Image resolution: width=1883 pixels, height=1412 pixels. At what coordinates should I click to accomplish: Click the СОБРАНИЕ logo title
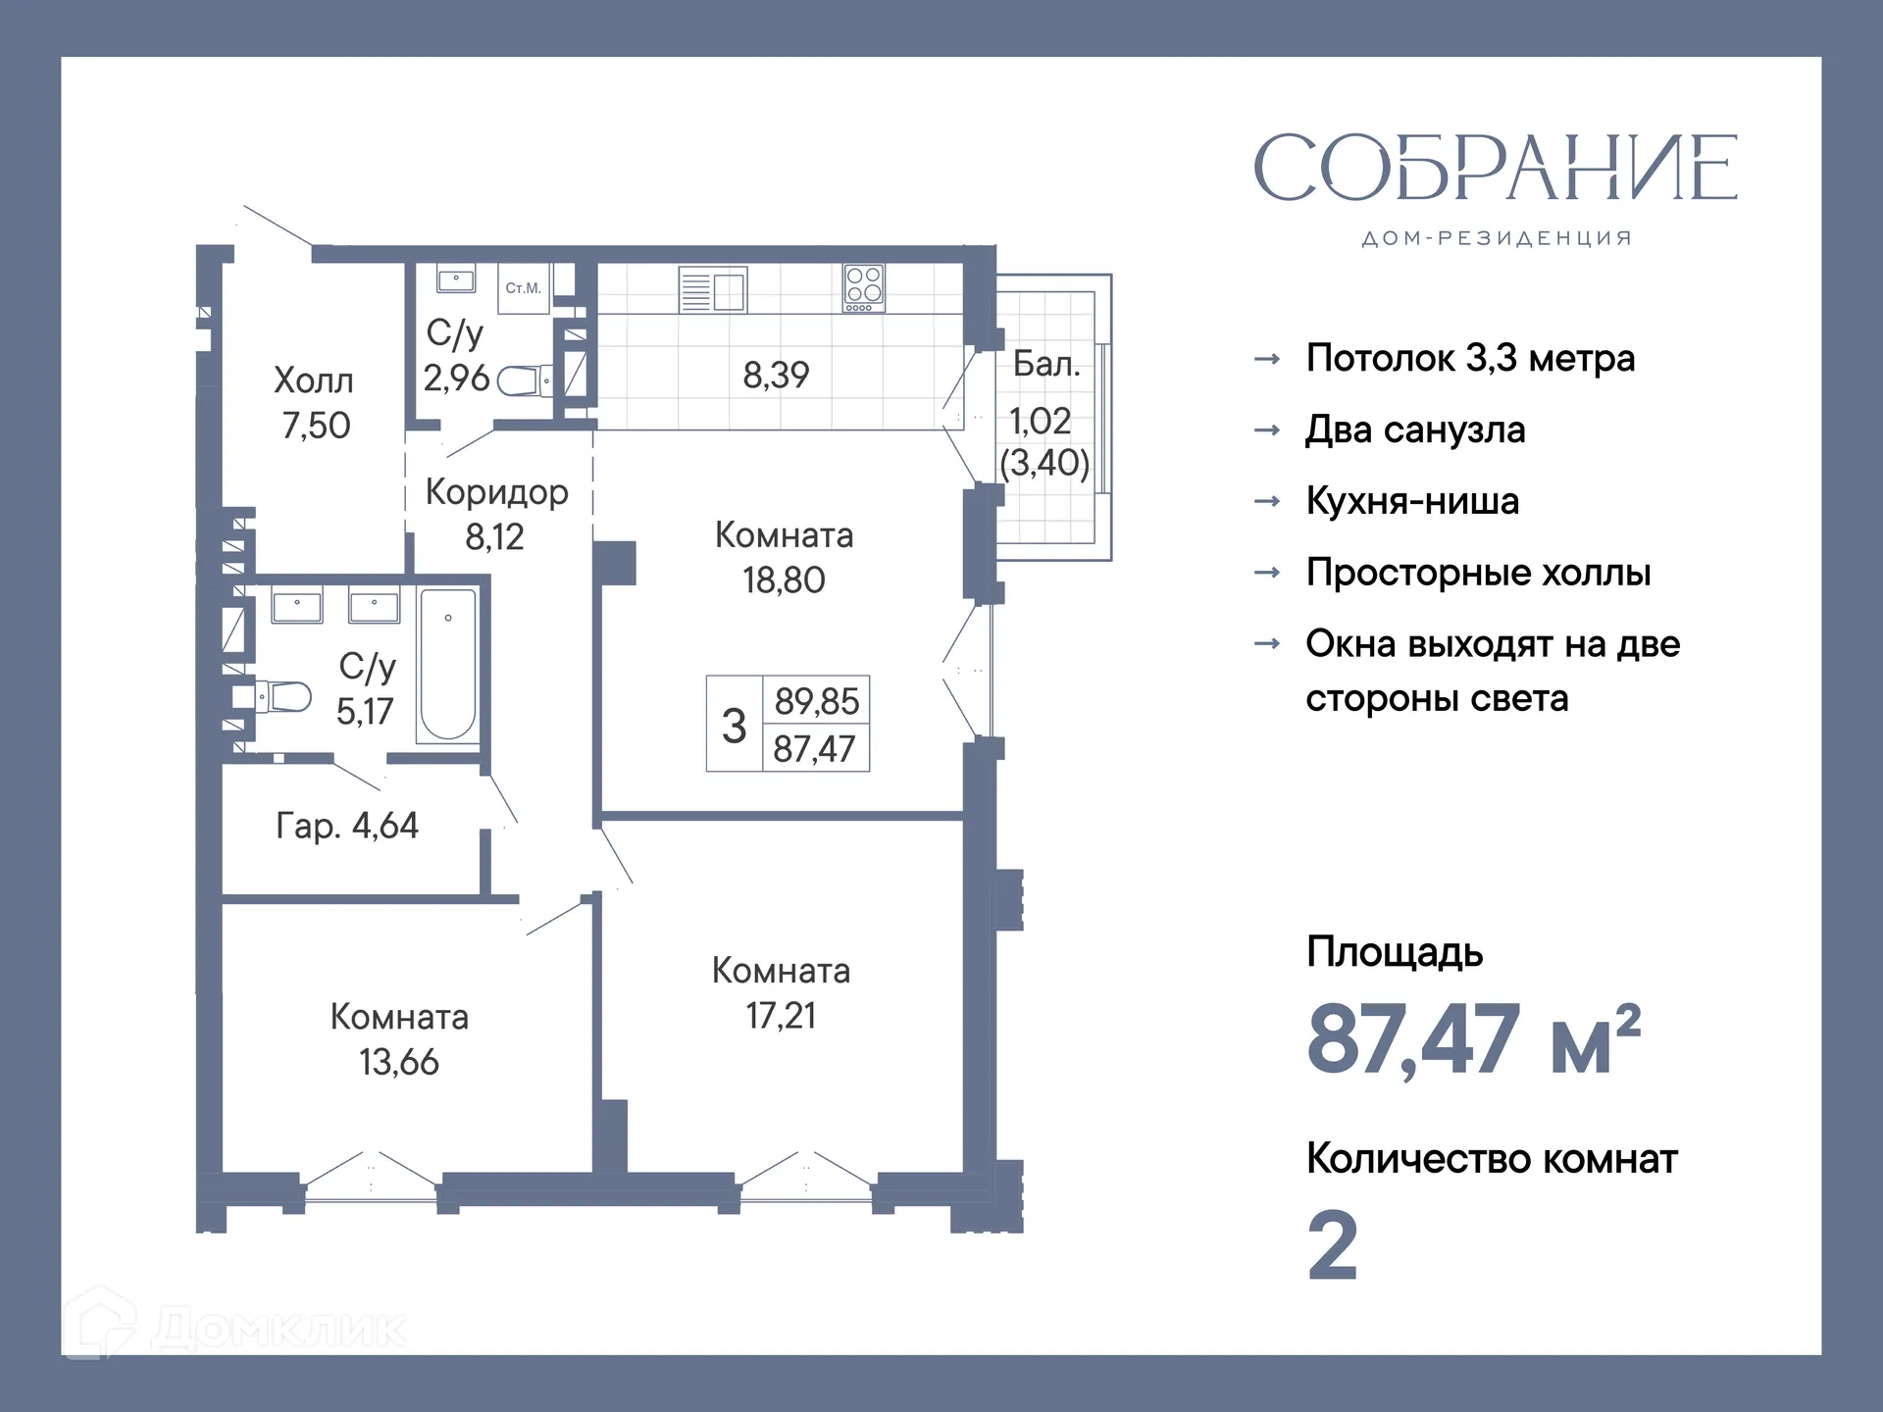coord(1495,168)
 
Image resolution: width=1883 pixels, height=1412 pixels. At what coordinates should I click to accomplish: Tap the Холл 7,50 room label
coord(314,403)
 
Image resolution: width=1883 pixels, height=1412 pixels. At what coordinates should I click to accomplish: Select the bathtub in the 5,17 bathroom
coord(448,664)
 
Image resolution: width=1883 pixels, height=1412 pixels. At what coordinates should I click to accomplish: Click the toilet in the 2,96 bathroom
coord(523,380)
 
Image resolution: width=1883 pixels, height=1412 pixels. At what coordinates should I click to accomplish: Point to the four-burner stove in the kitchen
coord(864,288)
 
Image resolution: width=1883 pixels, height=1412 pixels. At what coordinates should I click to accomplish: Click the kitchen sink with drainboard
coord(713,290)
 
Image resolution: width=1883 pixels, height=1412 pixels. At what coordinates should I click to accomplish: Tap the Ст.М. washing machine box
coord(523,288)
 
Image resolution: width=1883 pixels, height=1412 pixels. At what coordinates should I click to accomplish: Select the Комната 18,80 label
coord(784,557)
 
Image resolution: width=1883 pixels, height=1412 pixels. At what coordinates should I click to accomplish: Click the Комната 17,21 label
coord(781,992)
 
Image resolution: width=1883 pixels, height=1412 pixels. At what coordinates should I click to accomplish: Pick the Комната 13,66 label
coord(399,1038)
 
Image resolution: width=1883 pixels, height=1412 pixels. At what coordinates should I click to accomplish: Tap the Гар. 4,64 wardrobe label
coord(347,826)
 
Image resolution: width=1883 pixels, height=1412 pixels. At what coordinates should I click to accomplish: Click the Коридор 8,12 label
coord(496,514)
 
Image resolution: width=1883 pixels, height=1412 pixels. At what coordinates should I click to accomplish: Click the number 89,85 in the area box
coord(816,701)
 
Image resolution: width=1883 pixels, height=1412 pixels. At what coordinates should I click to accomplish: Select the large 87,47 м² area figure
coord(1471,1039)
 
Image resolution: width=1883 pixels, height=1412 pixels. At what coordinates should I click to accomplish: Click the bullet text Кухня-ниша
coord(1412,501)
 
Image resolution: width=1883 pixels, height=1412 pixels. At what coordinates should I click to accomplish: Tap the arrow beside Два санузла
coord(1267,430)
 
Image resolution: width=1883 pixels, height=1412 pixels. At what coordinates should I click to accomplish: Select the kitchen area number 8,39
coord(776,375)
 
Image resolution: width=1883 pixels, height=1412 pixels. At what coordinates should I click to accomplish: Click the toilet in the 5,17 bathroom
coord(284,697)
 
